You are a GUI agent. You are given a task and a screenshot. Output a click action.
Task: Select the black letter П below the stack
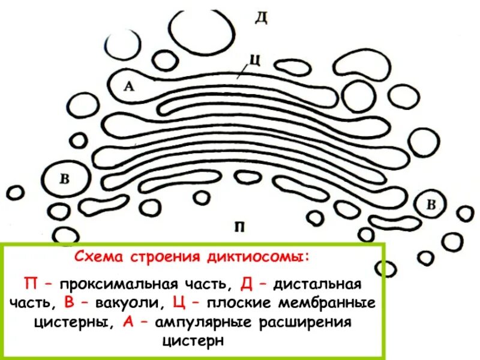(239, 226)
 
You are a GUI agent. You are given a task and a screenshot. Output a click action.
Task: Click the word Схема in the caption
(96, 257)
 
